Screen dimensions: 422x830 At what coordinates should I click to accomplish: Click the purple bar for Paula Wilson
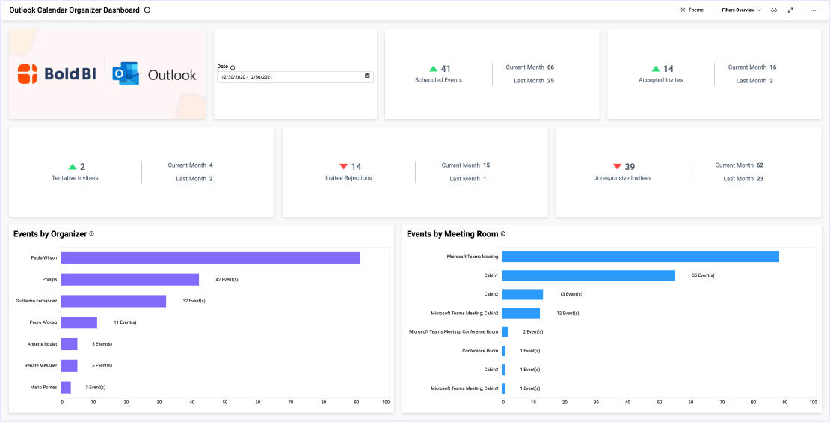pos(210,258)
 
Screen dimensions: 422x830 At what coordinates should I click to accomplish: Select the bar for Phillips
pos(130,280)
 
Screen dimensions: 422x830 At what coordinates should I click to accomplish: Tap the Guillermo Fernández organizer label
pos(36,301)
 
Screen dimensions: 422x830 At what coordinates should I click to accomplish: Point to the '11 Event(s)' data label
pos(125,322)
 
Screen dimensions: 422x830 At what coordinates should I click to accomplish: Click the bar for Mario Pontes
pos(66,388)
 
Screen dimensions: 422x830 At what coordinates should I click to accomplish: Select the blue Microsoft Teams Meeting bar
pos(640,257)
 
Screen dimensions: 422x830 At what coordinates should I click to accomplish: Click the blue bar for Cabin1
pos(588,275)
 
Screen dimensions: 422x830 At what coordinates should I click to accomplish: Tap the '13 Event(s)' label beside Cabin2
pos(571,294)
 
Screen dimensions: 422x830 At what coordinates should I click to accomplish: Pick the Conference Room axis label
pos(479,351)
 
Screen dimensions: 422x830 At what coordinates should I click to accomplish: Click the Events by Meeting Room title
pos(452,234)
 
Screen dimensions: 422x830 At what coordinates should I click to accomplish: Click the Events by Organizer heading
pos(50,234)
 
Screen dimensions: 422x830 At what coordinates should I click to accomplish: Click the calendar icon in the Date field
pos(367,76)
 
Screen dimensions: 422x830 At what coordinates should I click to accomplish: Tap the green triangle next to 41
pos(433,69)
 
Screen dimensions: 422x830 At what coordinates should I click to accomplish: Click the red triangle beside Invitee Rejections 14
pos(344,167)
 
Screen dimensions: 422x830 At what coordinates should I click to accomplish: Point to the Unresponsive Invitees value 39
pos(630,167)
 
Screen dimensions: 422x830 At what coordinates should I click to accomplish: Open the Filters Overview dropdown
pos(741,10)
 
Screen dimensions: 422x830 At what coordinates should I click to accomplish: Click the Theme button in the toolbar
pos(692,10)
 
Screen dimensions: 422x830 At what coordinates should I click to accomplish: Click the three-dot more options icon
pos(813,10)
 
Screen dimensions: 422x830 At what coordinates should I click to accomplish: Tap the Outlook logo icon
pos(126,74)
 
